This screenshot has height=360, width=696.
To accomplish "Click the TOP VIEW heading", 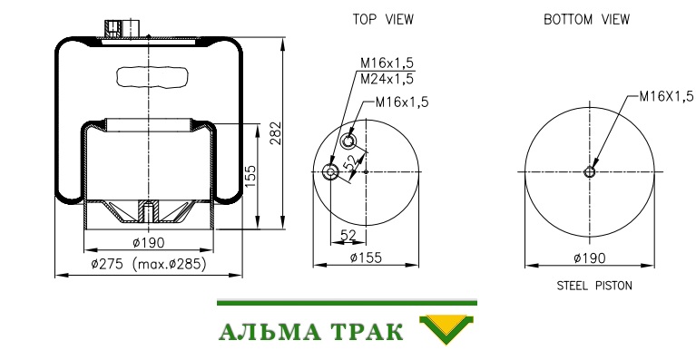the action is (x=383, y=20).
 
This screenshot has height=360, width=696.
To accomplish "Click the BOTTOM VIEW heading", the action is (x=587, y=20).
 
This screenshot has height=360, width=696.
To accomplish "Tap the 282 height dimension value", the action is (x=276, y=133).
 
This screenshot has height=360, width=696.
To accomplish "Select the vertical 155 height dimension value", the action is (x=250, y=176).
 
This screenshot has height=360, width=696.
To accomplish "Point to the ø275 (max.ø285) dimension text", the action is (x=149, y=264).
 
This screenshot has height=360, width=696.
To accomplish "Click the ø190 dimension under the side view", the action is (x=149, y=242).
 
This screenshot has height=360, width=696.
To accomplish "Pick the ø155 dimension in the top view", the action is (x=366, y=258).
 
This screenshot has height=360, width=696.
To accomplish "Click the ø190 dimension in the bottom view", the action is (x=590, y=258).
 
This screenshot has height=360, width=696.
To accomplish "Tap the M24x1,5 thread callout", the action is (x=387, y=79).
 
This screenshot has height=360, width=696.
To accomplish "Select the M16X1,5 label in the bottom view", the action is (x=666, y=96).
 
